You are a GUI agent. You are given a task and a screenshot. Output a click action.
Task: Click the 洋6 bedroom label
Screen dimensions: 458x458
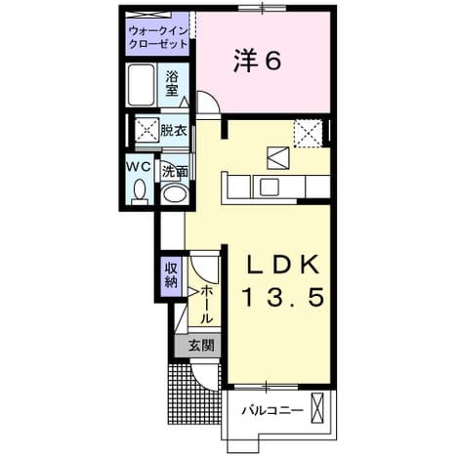257,61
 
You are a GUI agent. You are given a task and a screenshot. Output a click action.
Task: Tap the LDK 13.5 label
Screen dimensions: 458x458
283,280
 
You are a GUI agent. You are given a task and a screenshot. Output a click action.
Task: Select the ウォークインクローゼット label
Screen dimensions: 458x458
158,37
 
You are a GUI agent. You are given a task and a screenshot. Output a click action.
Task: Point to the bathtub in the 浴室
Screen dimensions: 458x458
141,85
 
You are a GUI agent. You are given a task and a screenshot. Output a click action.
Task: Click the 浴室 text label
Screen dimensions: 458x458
172,84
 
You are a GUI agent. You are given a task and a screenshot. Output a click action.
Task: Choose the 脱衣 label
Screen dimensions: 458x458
174,131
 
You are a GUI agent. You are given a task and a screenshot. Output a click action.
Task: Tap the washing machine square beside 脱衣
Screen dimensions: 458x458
147,130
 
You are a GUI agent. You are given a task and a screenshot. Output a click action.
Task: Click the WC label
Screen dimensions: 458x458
139,167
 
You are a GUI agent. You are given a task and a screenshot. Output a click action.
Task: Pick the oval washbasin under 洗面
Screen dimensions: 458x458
176,194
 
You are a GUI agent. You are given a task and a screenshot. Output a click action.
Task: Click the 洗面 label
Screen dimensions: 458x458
175,172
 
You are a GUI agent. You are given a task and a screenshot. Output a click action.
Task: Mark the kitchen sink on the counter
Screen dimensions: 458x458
269,187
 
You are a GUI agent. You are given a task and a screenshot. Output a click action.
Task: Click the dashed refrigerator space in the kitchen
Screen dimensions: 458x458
309,134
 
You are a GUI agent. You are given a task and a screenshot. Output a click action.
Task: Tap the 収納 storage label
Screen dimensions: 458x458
172,275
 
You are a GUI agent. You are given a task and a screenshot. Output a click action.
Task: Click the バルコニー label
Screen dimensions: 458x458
271,410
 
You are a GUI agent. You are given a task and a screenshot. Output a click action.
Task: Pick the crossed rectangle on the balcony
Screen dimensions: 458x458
317,408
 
